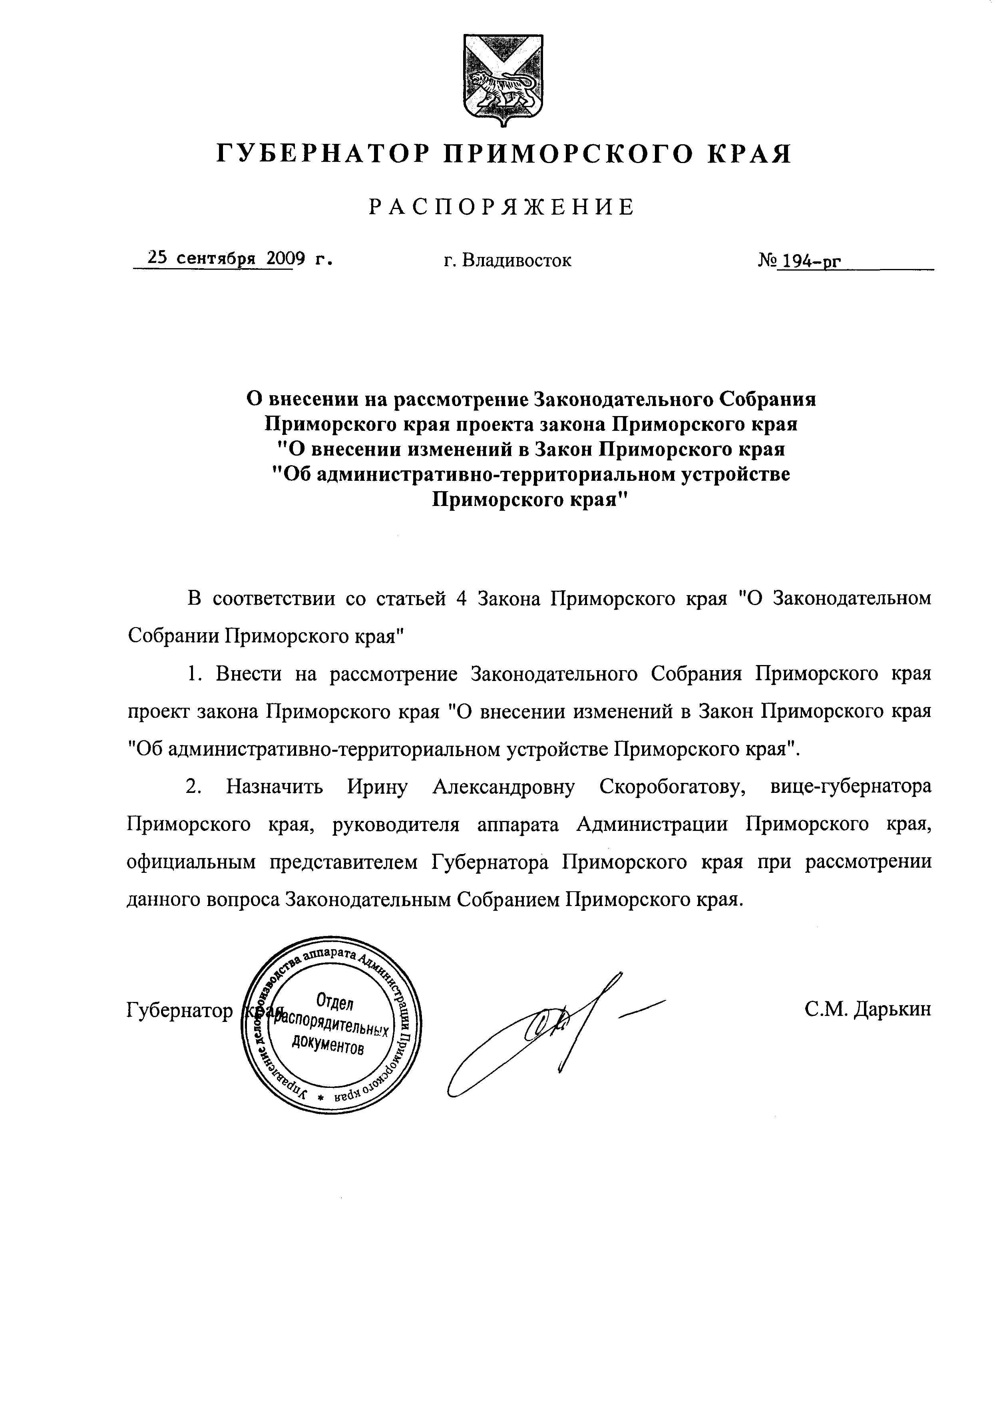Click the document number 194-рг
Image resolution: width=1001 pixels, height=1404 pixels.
(x=809, y=262)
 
